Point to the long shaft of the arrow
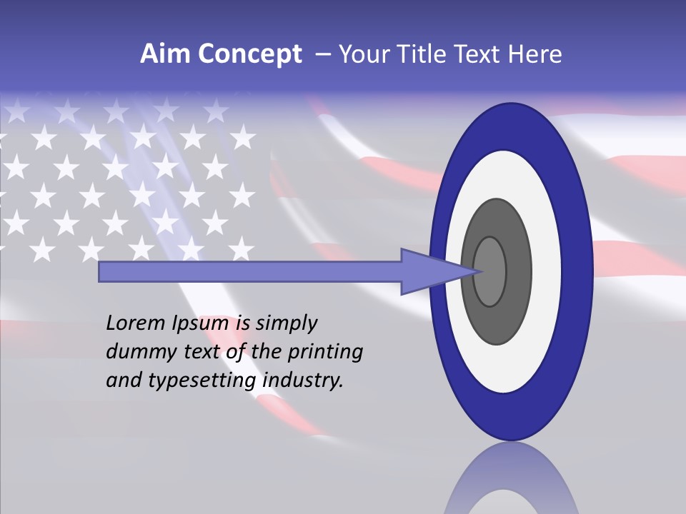click(x=250, y=271)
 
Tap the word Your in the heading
click(x=364, y=54)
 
